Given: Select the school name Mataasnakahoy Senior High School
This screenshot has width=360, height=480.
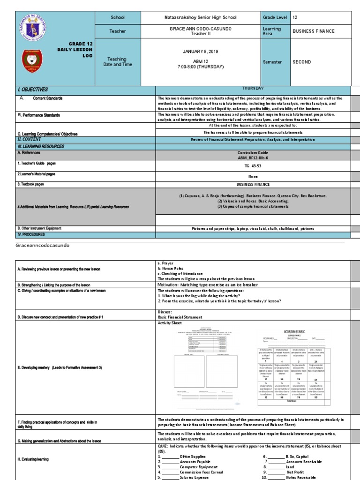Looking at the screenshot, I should [x=200, y=18].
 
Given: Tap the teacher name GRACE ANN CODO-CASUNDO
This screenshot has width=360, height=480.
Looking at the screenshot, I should [x=200, y=29].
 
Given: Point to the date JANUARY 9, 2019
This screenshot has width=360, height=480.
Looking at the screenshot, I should [x=200, y=51].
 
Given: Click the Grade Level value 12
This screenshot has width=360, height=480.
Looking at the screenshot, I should [x=295, y=18].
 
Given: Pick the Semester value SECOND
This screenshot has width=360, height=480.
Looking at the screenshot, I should [x=301, y=62].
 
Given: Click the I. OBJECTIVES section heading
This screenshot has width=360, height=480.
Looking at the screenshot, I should [x=33, y=90].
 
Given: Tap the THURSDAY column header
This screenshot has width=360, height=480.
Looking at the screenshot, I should [x=253, y=88].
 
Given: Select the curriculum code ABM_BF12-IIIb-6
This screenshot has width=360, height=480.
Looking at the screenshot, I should [x=253, y=158].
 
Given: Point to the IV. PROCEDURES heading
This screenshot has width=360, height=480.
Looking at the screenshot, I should [x=31, y=234].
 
